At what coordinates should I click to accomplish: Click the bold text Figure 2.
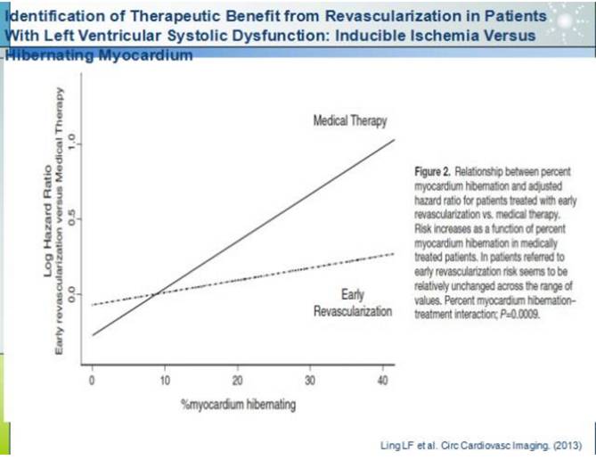click(439, 169)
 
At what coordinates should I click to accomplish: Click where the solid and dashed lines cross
click(153, 292)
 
